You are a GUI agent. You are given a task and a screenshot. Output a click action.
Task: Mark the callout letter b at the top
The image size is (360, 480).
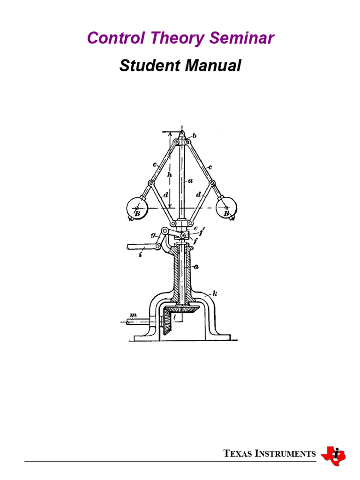point(195,136)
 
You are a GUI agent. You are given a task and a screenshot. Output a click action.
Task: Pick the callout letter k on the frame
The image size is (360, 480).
point(215,294)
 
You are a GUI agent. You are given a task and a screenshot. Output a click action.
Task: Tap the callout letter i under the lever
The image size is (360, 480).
point(140,255)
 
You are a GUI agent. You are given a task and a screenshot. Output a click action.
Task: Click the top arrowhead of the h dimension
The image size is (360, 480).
point(170,134)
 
